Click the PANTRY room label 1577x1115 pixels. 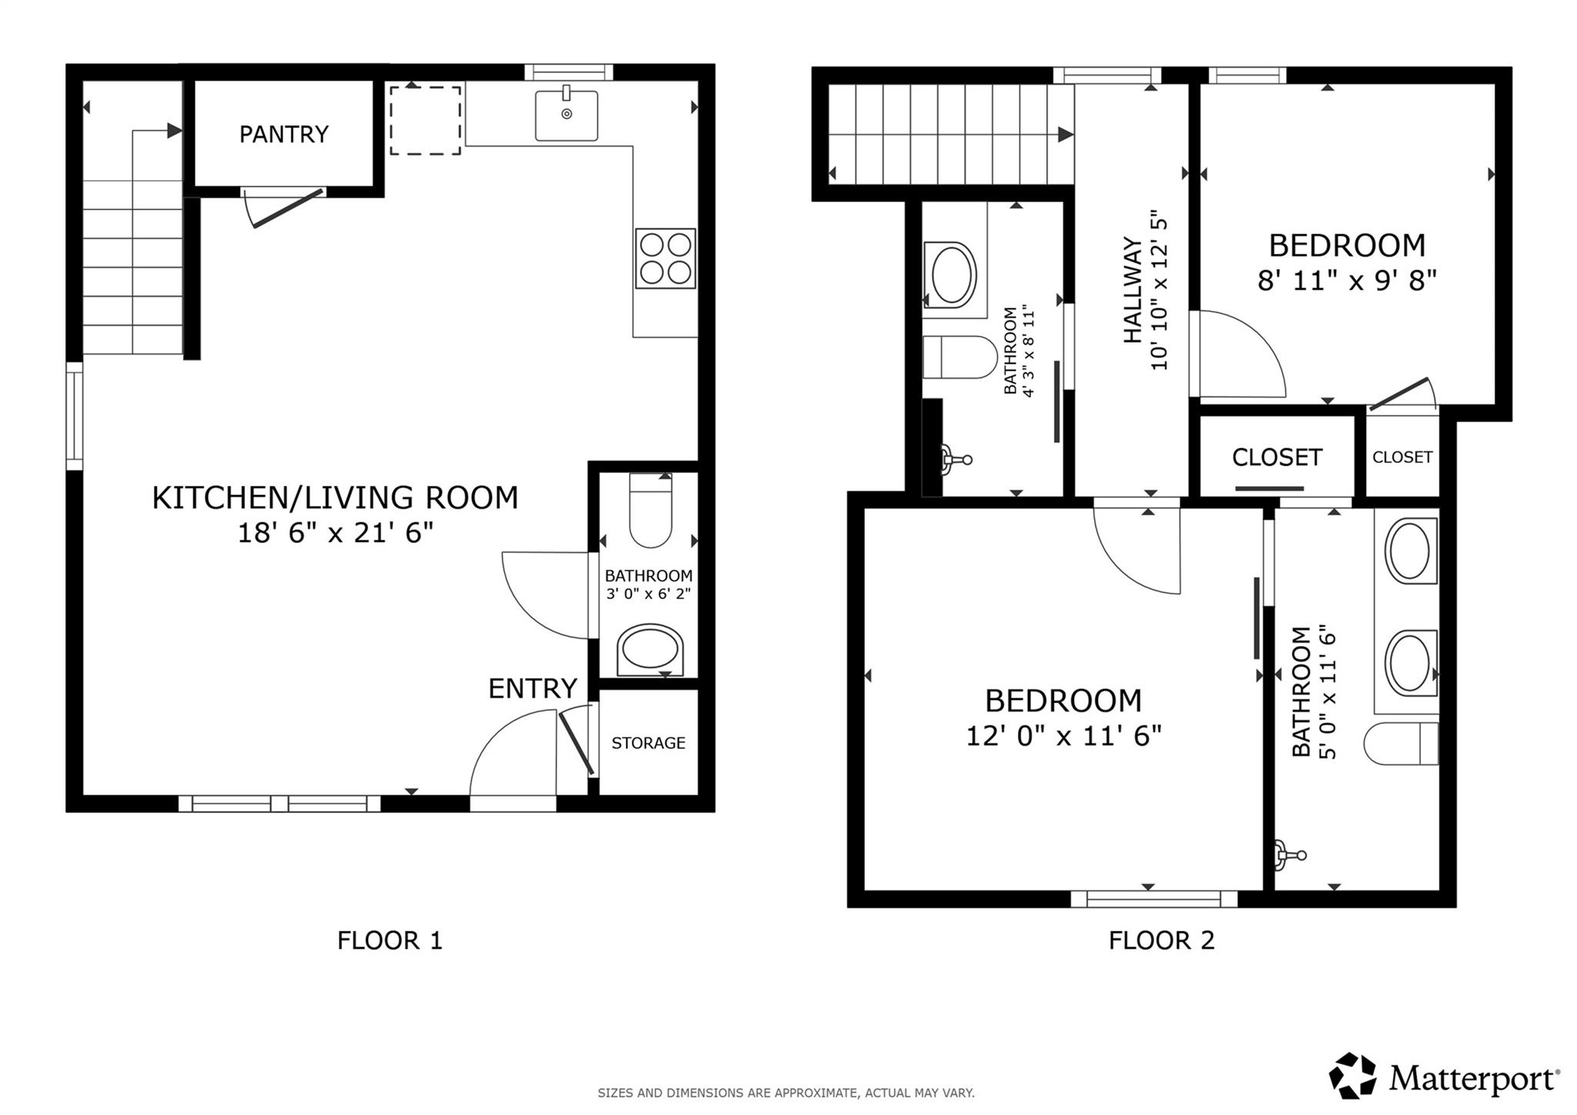283,135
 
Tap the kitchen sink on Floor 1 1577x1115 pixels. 567,115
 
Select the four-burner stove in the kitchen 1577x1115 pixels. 665,259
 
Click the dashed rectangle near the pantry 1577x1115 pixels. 425,121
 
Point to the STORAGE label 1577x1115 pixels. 648,743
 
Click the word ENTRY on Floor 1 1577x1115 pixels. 532,688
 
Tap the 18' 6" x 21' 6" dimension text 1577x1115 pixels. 335,533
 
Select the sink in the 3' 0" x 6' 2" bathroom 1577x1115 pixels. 650,650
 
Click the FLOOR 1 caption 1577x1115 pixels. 390,940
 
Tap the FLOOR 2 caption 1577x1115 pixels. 1161,940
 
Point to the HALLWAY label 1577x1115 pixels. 1133,290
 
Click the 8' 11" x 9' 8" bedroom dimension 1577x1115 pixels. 1347,281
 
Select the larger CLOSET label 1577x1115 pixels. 1277,457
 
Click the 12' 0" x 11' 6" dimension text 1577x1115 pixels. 1063,736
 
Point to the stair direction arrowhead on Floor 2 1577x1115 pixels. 1066,135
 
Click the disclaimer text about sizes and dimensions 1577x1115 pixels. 785,1093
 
